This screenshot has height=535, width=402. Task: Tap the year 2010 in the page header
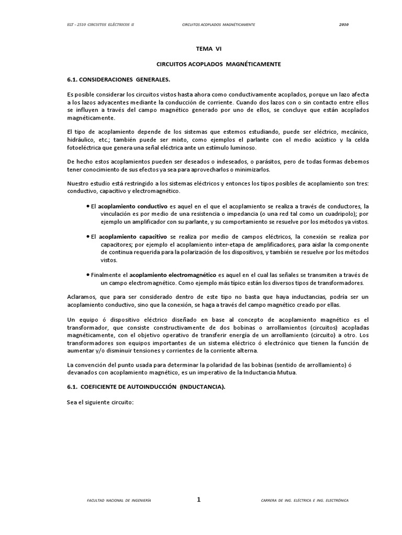coord(343,25)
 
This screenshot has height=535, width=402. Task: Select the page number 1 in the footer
coord(198,500)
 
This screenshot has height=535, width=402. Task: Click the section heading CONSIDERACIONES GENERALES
coord(119,79)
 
